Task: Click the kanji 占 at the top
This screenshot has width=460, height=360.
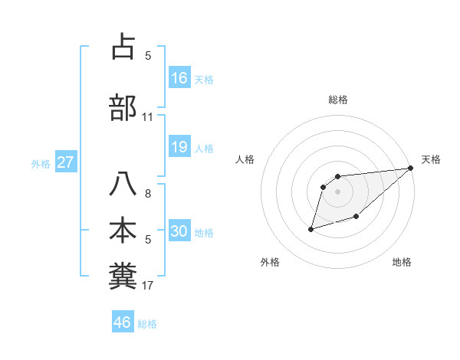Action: pyautogui.click(x=123, y=47)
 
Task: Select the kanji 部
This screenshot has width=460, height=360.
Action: pyautogui.click(x=123, y=108)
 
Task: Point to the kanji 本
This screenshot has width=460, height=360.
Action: pyautogui.click(x=123, y=231)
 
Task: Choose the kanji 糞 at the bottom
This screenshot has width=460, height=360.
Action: pyautogui.click(x=123, y=277)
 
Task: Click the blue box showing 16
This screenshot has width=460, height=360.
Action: pyautogui.click(x=179, y=78)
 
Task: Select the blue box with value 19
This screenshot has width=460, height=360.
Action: pyautogui.click(x=179, y=147)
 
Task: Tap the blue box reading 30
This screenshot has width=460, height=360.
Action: pyautogui.click(x=179, y=232)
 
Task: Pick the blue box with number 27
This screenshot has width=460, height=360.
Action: pyautogui.click(x=66, y=162)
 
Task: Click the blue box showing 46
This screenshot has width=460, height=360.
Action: pyautogui.click(x=123, y=322)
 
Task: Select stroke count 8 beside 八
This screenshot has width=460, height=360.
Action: pyautogui.click(x=148, y=194)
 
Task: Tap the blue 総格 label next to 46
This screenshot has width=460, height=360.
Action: pyautogui.click(x=147, y=324)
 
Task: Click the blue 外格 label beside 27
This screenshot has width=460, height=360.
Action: pyautogui.click(x=41, y=164)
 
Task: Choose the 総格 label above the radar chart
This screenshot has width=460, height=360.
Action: pyautogui.click(x=338, y=100)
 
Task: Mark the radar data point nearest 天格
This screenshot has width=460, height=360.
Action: pyautogui.click(x=411, y=169)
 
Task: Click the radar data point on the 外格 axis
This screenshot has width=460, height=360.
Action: pyautogui.click(x=310, y=229)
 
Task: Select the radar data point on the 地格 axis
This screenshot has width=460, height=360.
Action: pyautogui.click(x=356, y=218)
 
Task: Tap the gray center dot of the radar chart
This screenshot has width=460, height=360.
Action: pyautogui.click(x=338, y=192)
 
